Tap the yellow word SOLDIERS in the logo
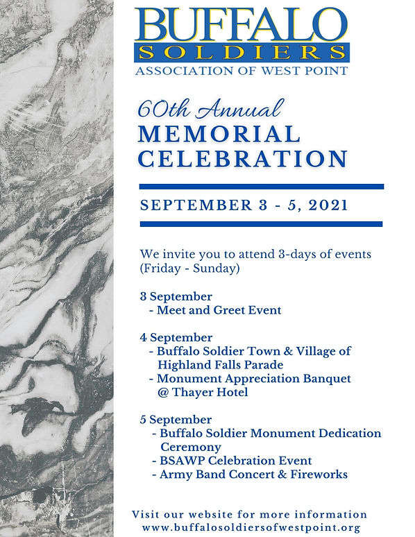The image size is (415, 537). tap(242, 53)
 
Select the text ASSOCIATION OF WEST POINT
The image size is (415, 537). tap(242, 71)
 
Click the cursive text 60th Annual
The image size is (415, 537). tap(211, 109)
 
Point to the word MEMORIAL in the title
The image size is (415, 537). tap(219, 134)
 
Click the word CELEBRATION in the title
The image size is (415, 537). tap(242, 158)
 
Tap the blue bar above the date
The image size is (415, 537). tap(261, 187)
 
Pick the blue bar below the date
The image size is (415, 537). tap(261, 223)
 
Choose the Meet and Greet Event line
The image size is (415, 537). tap(219, 310)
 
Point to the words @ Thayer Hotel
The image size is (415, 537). tap(203, 392)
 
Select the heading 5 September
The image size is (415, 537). tap(176, 420)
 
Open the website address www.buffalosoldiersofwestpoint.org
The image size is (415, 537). tap(252, 527)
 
